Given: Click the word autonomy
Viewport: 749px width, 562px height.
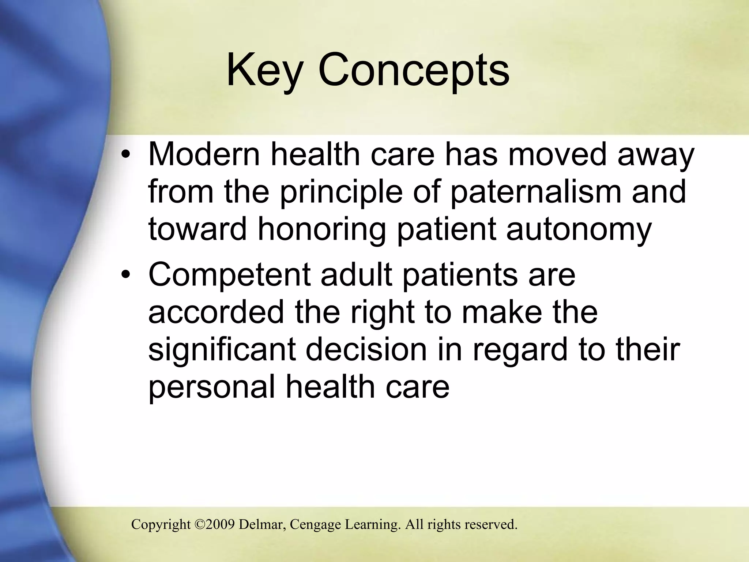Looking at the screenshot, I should coord(579,230).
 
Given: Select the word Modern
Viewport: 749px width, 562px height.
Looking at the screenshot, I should coord(204,154).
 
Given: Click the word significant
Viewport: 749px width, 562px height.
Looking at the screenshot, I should coord(222,350).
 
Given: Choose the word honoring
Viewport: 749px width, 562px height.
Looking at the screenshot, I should coord(322,230).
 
